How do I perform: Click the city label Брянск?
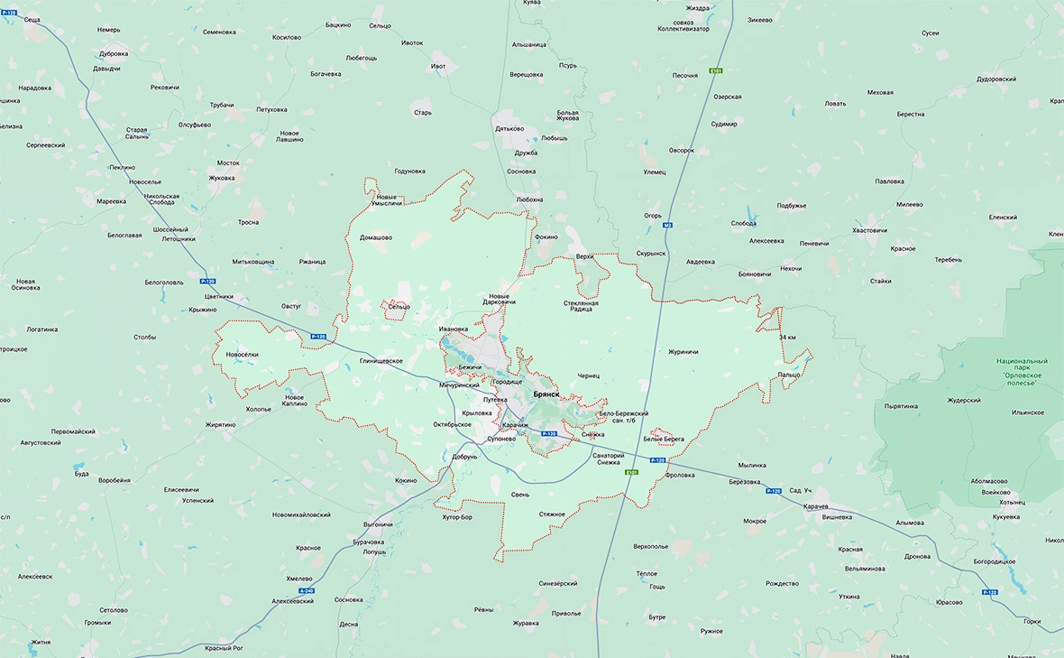click(546, 394)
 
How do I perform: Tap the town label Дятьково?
click(509, 128)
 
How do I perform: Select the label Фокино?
click(546, 236)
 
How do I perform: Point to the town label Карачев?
click(816, 506)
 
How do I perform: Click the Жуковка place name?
click(221, 178)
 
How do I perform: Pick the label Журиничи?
click(683, 352)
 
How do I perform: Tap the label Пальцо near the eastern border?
click(789, 375)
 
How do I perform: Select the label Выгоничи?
click(378, 524)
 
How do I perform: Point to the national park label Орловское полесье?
click(1022, 372)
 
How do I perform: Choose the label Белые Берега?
click(664, 440)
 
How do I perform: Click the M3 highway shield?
click(667, 225)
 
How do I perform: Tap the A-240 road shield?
click(305, 590)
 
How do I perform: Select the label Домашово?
click(376, 237)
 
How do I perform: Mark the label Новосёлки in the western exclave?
click(243, 355)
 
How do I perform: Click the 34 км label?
click(786, 338)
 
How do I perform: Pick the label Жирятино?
click(220, 424)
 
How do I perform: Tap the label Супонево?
click(500, 439)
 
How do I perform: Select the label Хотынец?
click(1012, 502)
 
